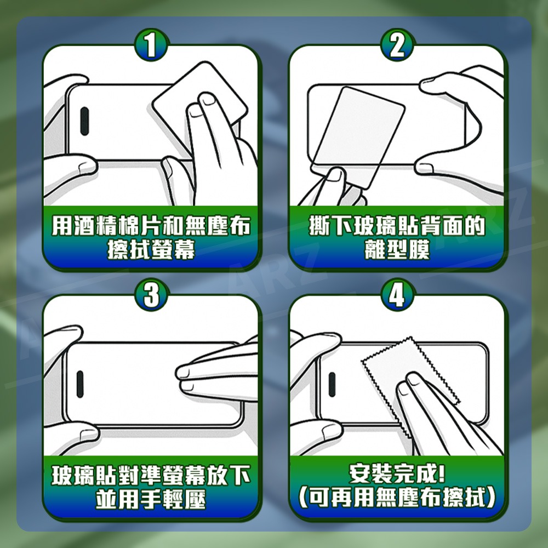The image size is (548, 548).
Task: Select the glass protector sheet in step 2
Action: tap(362, 132)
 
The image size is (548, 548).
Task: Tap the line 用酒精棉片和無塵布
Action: tap(151, 225)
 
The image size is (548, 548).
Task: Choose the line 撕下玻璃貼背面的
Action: tap(397, 225)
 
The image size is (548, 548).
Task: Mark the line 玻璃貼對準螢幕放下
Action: tap(151, 475)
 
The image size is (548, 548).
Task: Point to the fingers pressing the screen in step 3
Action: tap(214, 373)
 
